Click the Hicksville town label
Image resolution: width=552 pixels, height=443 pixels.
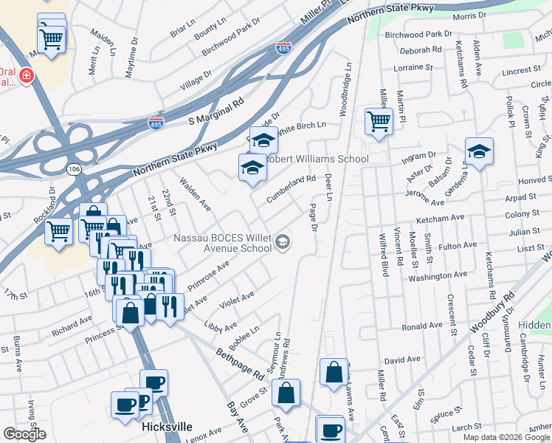point(167,427)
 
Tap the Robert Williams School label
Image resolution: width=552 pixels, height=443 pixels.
point(317,159)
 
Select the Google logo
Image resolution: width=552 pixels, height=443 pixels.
point(24,433)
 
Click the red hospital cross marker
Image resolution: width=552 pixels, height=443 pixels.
point(27,75)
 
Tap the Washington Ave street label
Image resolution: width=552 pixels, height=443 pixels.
point(438,275)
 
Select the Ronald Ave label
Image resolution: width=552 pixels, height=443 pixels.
point(423,326)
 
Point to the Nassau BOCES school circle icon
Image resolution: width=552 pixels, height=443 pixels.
point(282,241)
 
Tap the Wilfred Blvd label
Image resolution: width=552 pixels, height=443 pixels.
point(383,250)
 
